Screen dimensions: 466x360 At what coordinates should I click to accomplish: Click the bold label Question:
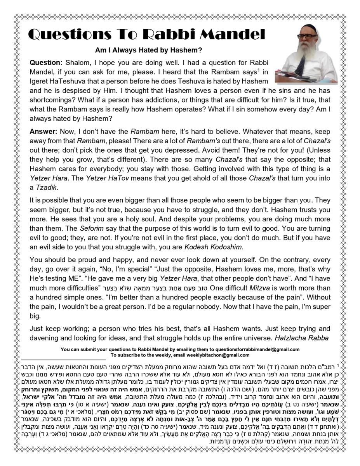[46, 63]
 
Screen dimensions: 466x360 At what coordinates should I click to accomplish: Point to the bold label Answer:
[43, 131]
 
